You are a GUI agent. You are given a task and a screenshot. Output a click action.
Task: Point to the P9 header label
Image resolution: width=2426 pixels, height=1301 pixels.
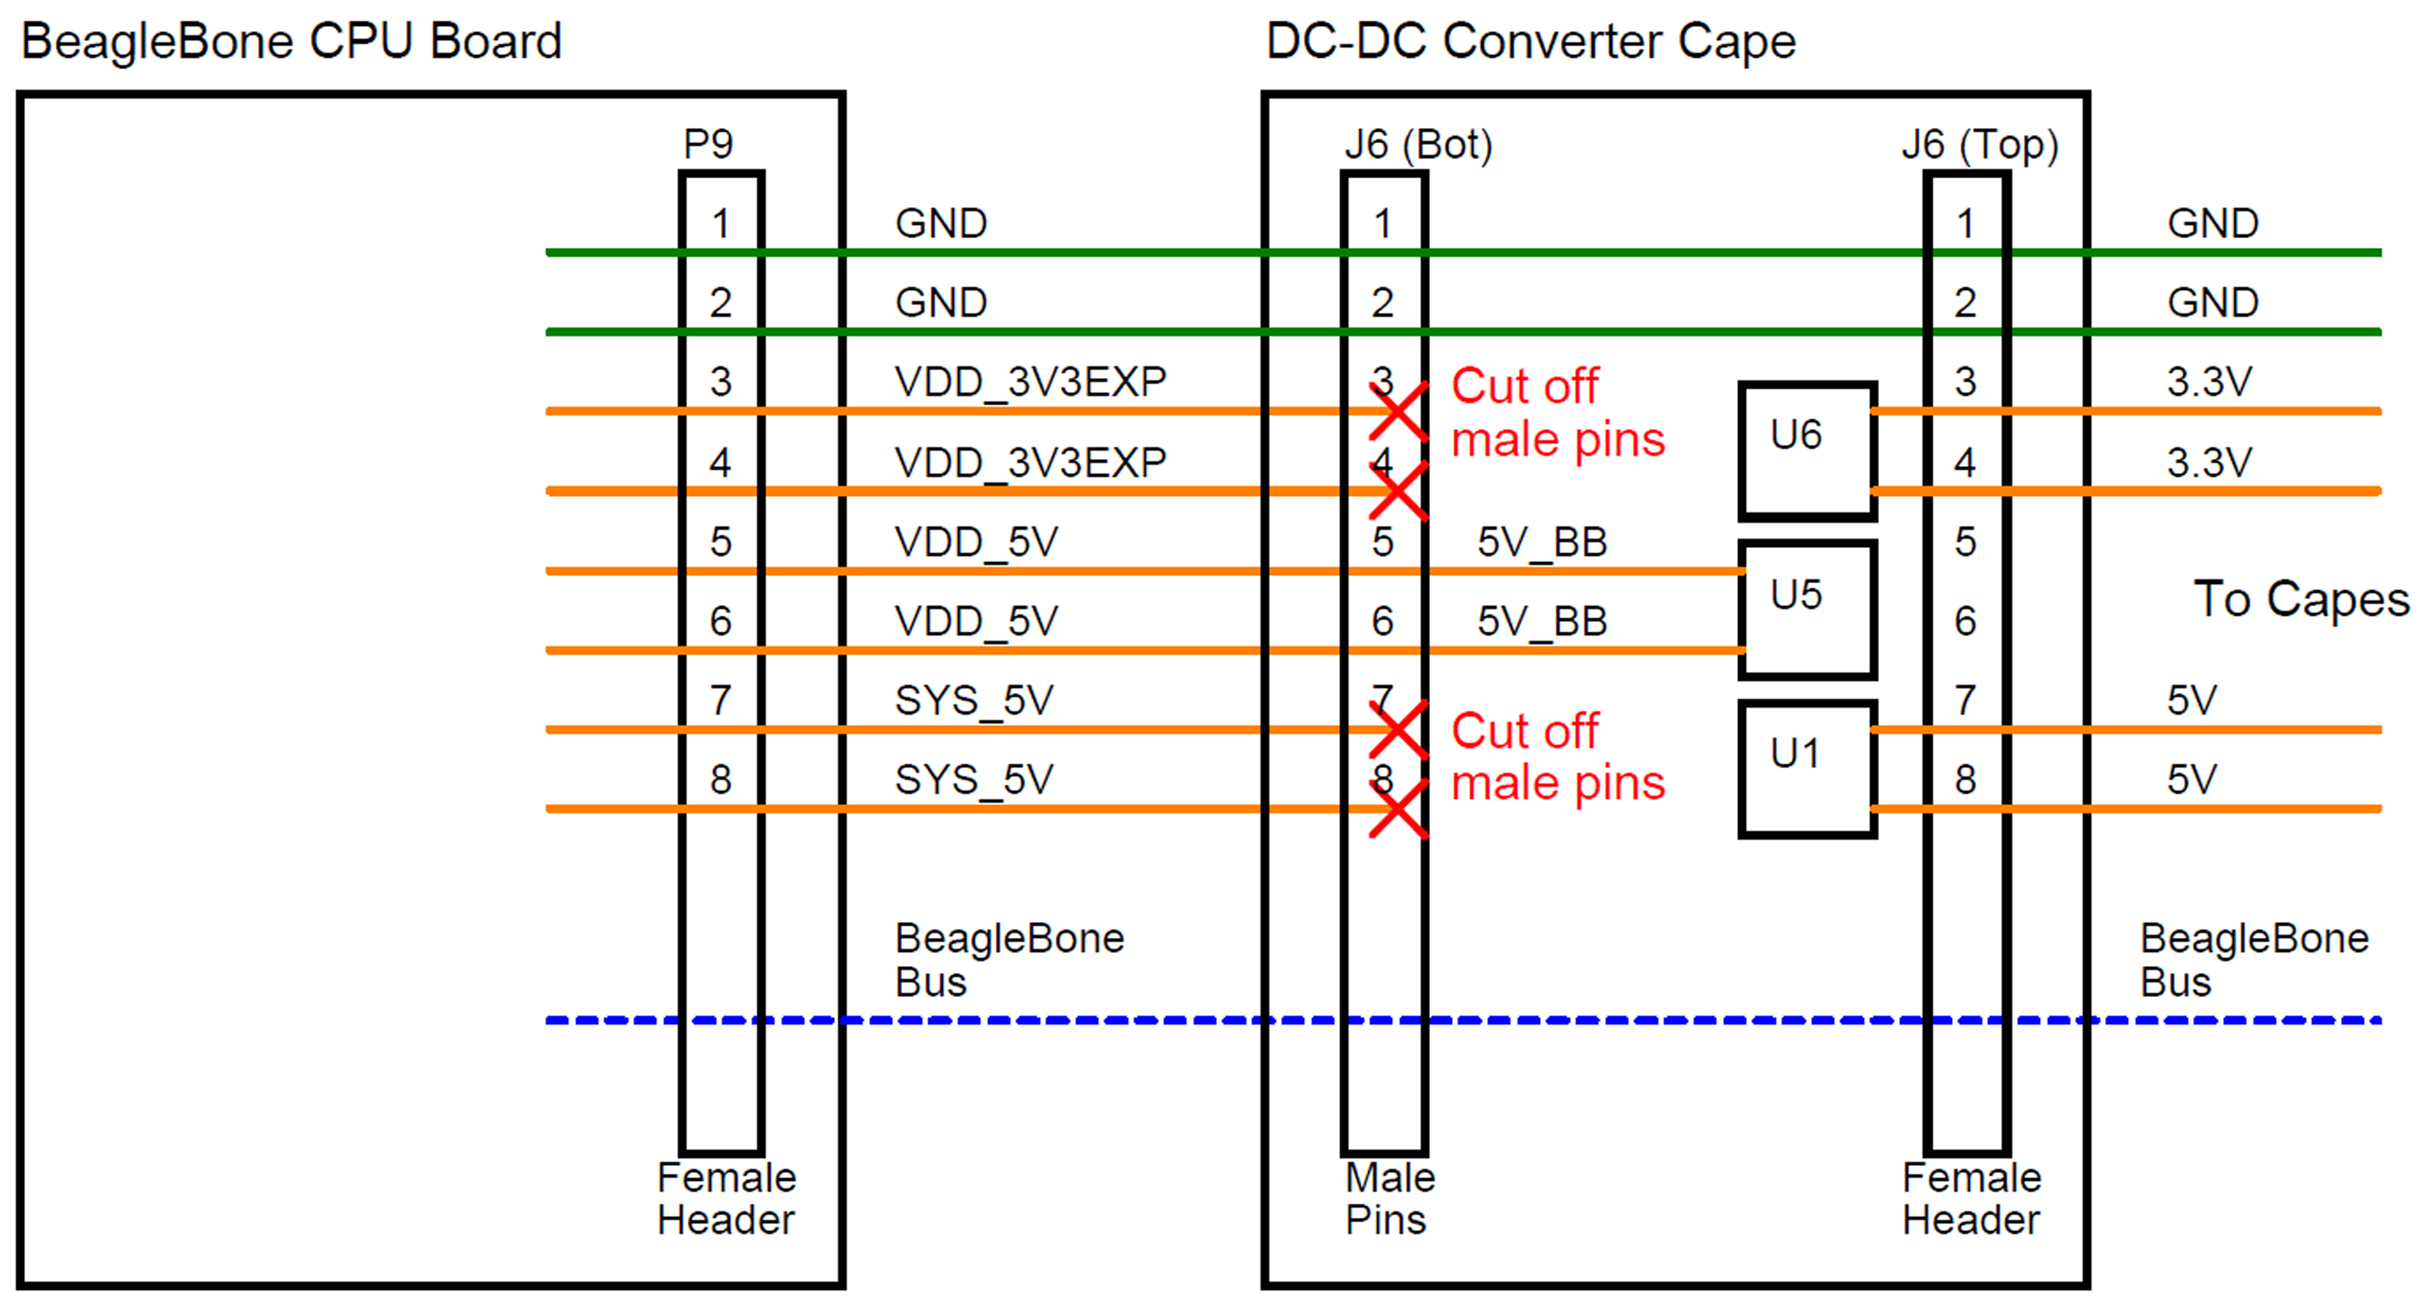click(708, 144)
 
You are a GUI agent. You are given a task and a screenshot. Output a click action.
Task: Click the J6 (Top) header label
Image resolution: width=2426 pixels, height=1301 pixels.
click(1980, 144)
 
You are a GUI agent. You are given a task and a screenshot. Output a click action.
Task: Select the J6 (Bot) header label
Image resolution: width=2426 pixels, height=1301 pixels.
click(1418, 144)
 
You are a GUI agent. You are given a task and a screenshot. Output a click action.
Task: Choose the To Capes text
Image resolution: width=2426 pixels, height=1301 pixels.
click(2301, 599)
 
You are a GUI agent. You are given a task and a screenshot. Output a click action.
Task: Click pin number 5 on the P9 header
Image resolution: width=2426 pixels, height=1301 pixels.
click(720, 542)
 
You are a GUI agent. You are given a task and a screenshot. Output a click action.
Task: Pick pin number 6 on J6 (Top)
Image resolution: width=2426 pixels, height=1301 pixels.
click(1965, 621)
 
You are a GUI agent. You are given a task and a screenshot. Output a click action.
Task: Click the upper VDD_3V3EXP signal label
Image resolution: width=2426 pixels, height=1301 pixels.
click(1031, 382)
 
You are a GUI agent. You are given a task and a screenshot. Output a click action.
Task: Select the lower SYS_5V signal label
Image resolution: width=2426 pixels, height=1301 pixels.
click(974, 779)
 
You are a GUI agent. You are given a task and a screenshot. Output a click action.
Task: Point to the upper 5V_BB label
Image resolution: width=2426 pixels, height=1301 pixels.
click(1542, 542)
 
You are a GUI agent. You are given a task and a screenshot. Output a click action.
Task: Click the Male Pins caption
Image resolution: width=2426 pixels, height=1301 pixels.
click(1389, 1198)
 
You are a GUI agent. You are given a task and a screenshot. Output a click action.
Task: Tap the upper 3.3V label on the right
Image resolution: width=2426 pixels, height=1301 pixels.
click(2209, 382)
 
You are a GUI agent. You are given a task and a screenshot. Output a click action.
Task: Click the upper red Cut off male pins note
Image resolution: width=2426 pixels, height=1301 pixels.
click(1558, 412)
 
